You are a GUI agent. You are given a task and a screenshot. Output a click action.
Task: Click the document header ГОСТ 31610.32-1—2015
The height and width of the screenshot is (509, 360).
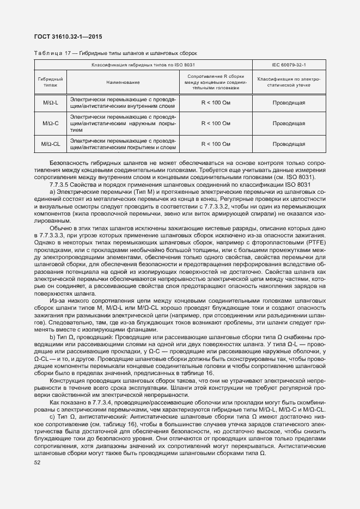tap(68, 37)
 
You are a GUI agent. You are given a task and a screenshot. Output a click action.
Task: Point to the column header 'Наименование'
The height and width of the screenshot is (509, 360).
tap(123, 82)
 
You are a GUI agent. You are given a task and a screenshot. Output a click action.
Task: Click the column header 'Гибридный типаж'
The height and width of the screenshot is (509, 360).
tap(51, 82)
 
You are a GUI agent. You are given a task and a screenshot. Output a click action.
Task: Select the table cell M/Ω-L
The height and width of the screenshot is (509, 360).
tap(51, 102)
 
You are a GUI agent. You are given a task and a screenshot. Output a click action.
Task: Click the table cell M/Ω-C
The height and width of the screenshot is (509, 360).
tap(51, 123)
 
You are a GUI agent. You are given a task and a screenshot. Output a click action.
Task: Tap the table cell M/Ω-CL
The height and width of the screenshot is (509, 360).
tap(51, 144)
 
